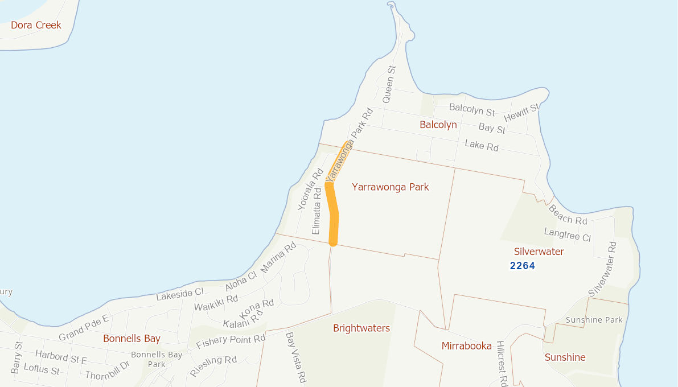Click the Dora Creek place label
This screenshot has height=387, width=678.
(36, 25)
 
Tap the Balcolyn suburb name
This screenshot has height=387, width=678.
(438, 125)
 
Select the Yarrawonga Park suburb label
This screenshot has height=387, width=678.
(390, 187)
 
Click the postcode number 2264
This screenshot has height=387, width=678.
(523, 265)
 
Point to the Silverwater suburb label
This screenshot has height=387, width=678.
(539, 252)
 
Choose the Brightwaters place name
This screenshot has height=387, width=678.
(361, 328)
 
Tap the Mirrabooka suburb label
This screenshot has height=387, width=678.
(466, 346)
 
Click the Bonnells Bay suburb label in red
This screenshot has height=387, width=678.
(132, 339)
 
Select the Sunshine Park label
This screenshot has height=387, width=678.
(594, 320)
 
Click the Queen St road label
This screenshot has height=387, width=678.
(389, 84)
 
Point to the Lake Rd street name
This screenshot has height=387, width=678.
(482, 146)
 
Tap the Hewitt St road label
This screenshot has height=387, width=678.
(521, 113)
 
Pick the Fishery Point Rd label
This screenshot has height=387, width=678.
(231, 342)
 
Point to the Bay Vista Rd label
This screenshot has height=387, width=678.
(296, 357)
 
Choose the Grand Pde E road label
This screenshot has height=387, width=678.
(84, 328)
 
